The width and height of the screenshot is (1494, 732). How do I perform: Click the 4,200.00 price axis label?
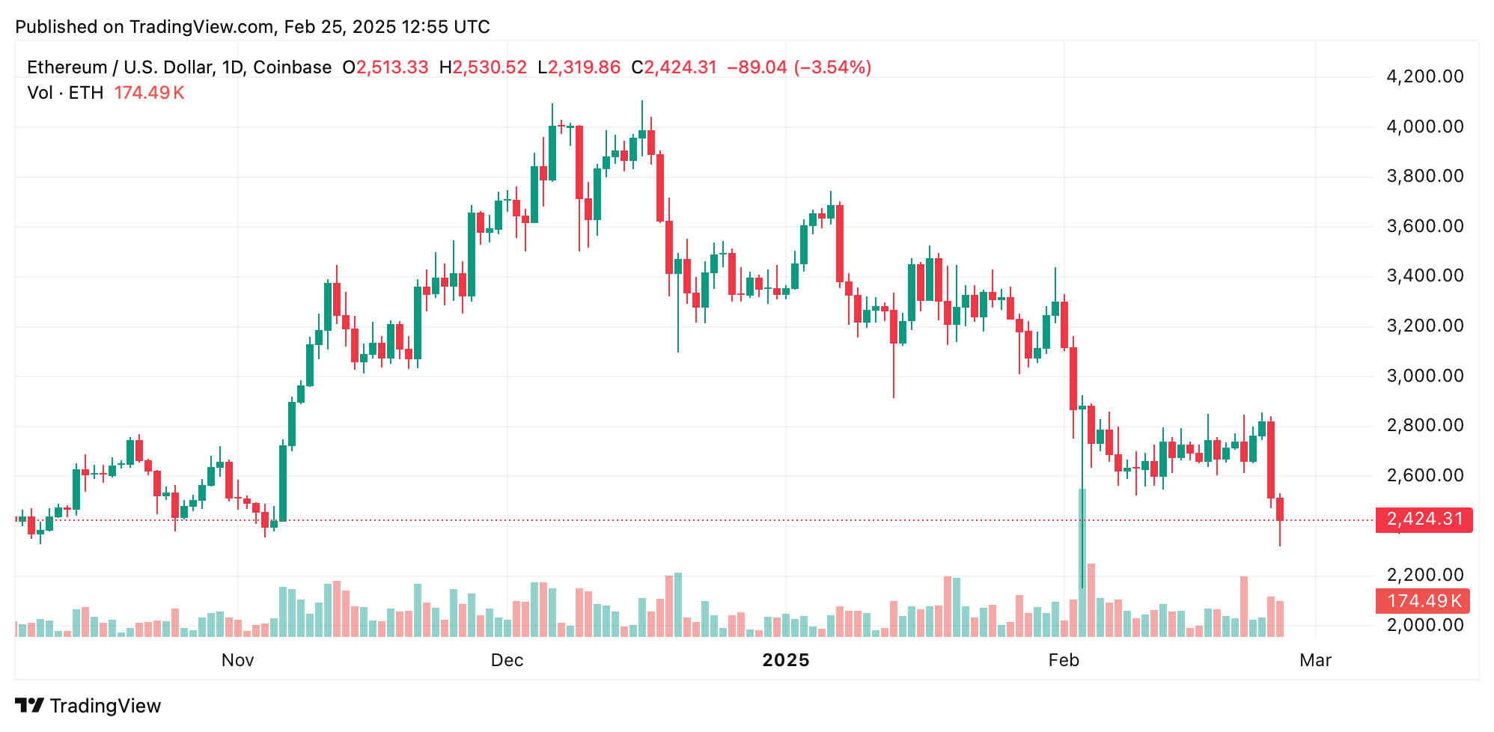1424,76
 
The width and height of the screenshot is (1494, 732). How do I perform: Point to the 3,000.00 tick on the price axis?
1424,376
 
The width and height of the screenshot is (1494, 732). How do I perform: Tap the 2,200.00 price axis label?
1424,575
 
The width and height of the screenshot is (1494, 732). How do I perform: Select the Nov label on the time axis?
237,660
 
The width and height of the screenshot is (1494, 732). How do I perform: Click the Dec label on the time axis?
507,660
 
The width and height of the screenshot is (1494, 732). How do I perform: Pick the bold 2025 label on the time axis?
785,660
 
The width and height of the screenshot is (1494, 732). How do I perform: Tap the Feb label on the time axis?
1064,660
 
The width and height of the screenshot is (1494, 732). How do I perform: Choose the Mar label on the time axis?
1315,660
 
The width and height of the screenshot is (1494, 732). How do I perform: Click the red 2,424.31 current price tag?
1424,519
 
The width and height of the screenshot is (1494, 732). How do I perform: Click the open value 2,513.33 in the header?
392,67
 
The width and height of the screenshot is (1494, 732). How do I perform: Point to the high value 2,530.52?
490,67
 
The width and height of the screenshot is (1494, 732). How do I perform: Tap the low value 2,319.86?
584,67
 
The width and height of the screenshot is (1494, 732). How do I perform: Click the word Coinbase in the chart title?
292,67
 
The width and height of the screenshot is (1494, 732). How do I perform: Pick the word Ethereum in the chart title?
67,67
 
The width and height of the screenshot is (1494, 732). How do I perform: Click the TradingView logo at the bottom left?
88,706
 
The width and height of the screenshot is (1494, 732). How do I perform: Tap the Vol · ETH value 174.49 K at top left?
149,93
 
